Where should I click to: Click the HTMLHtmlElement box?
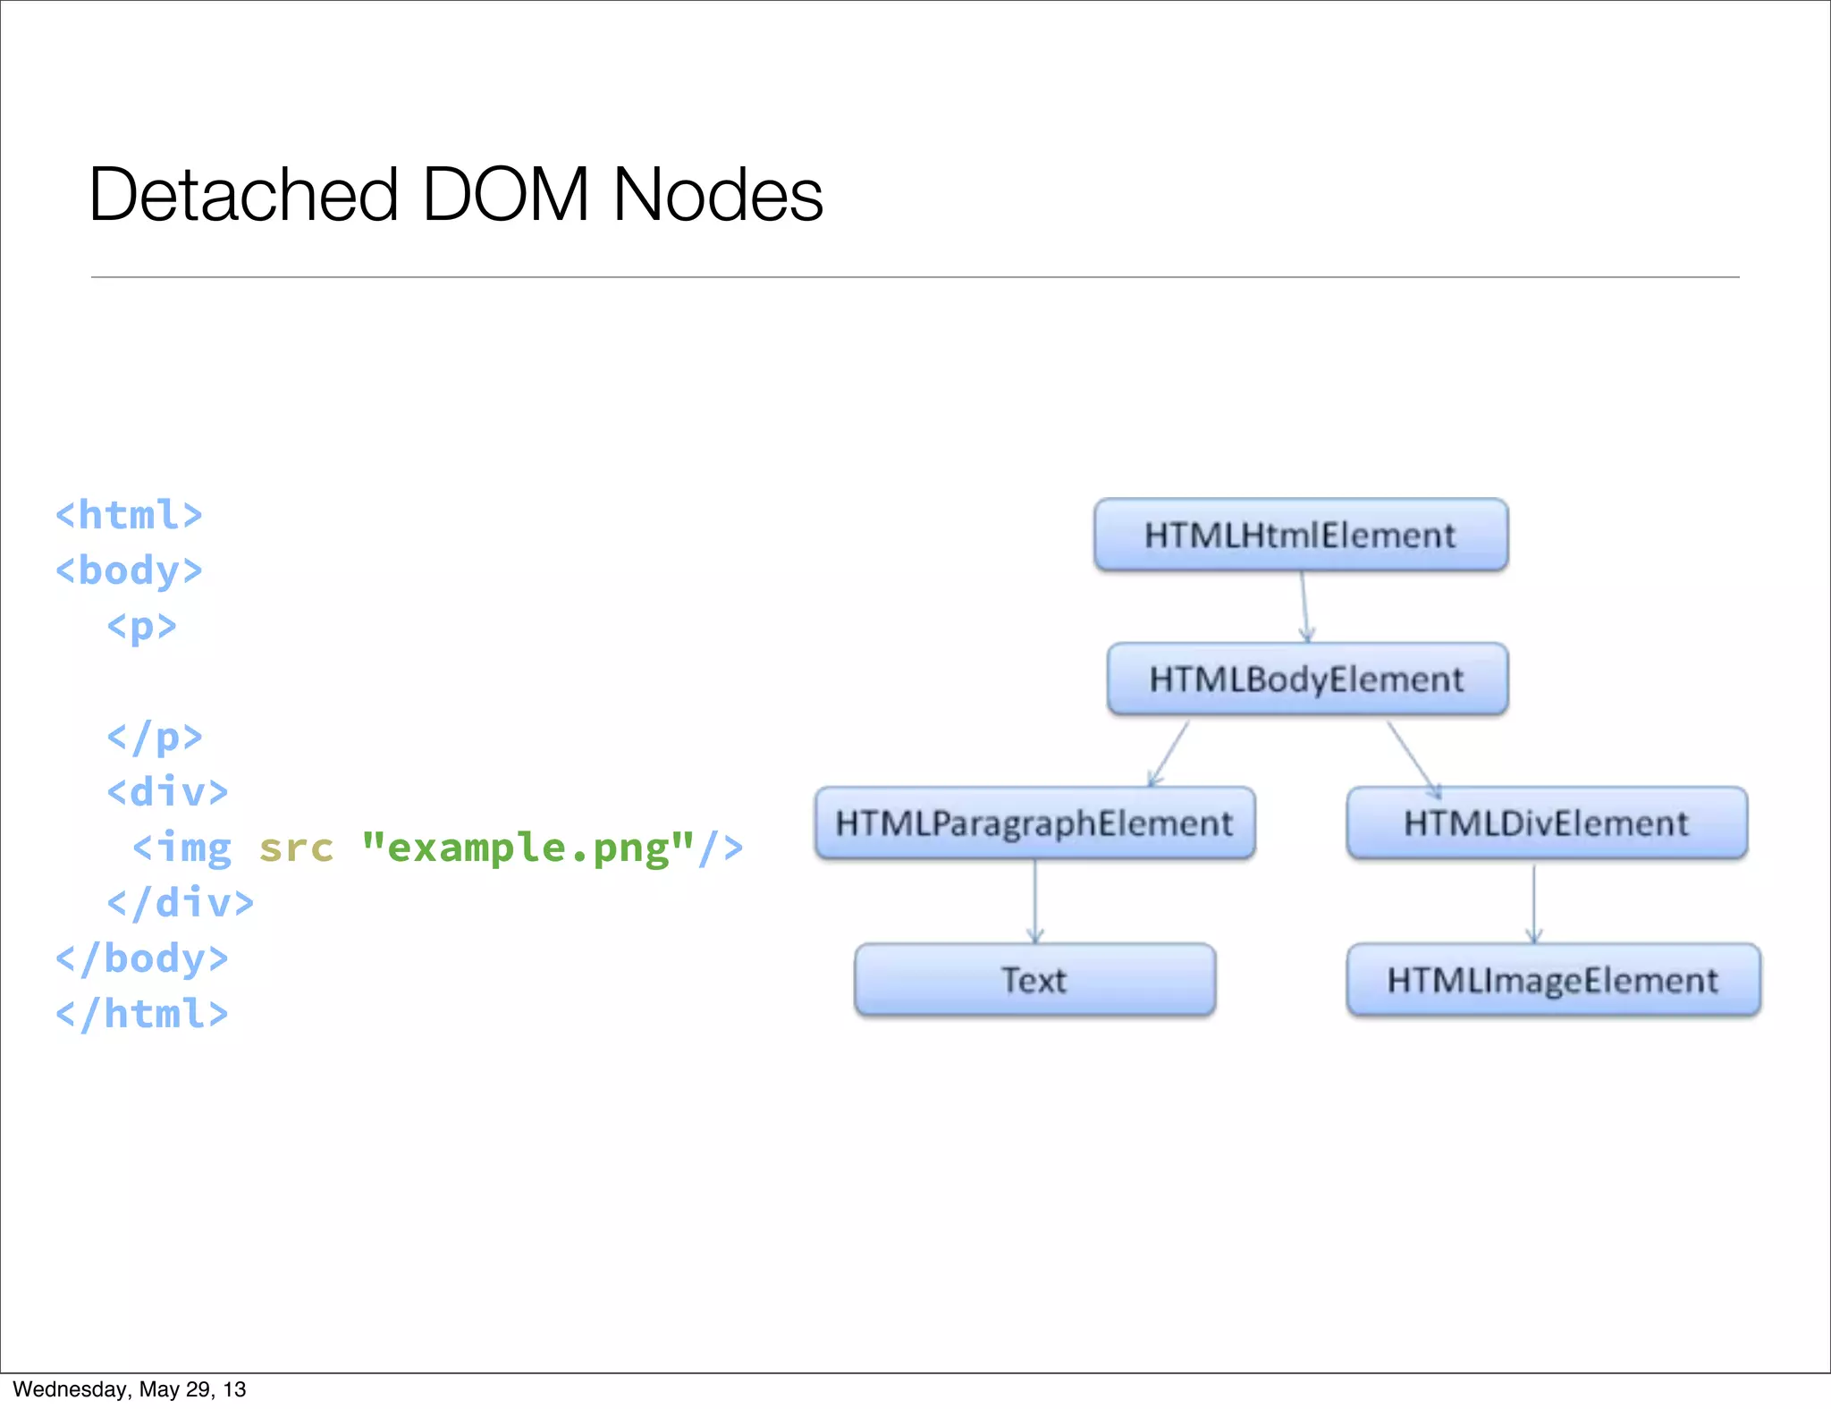[x=1301, y=535]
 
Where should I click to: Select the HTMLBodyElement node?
[x=1307, y=679]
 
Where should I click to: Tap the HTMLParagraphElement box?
[x=1034, y=823]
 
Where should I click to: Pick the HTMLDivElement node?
[x=1547, y=823]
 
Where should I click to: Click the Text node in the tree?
[x=1034, y=980]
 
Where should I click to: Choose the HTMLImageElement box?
[x=1553, y=980]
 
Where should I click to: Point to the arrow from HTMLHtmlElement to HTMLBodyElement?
[x=1304, y=606]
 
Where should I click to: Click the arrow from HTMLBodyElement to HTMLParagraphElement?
[x=1169, y=753]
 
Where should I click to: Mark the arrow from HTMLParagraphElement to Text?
[x=1035, y=901]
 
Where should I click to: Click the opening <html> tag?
[x=129, y=515]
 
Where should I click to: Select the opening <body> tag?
[x=129, y=570]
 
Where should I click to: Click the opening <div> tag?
[x=167, y=792]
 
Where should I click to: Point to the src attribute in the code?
[x=296, y=848]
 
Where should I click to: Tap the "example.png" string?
[x=528, y=848]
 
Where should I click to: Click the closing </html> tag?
[x=141, y=1014]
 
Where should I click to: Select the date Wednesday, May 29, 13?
[x=130, y=1389]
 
